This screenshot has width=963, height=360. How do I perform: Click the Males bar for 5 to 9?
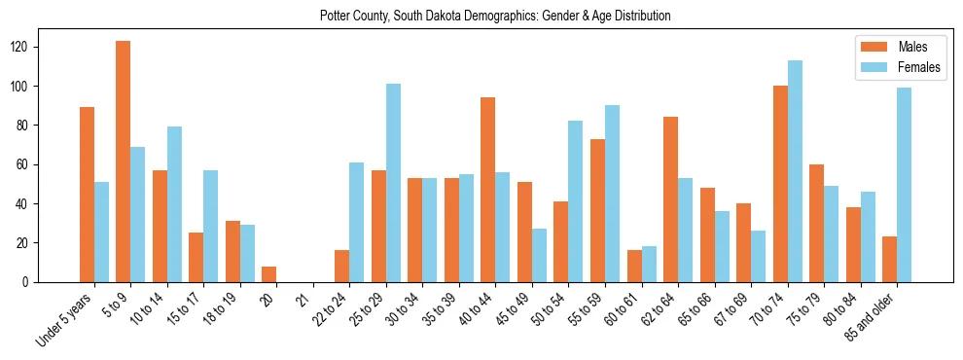pos(124,162)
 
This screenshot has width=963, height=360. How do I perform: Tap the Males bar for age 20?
pos(269,274)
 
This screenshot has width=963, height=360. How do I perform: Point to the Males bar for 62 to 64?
pos(670,199)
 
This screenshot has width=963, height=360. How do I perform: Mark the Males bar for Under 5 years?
pos(88,195)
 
